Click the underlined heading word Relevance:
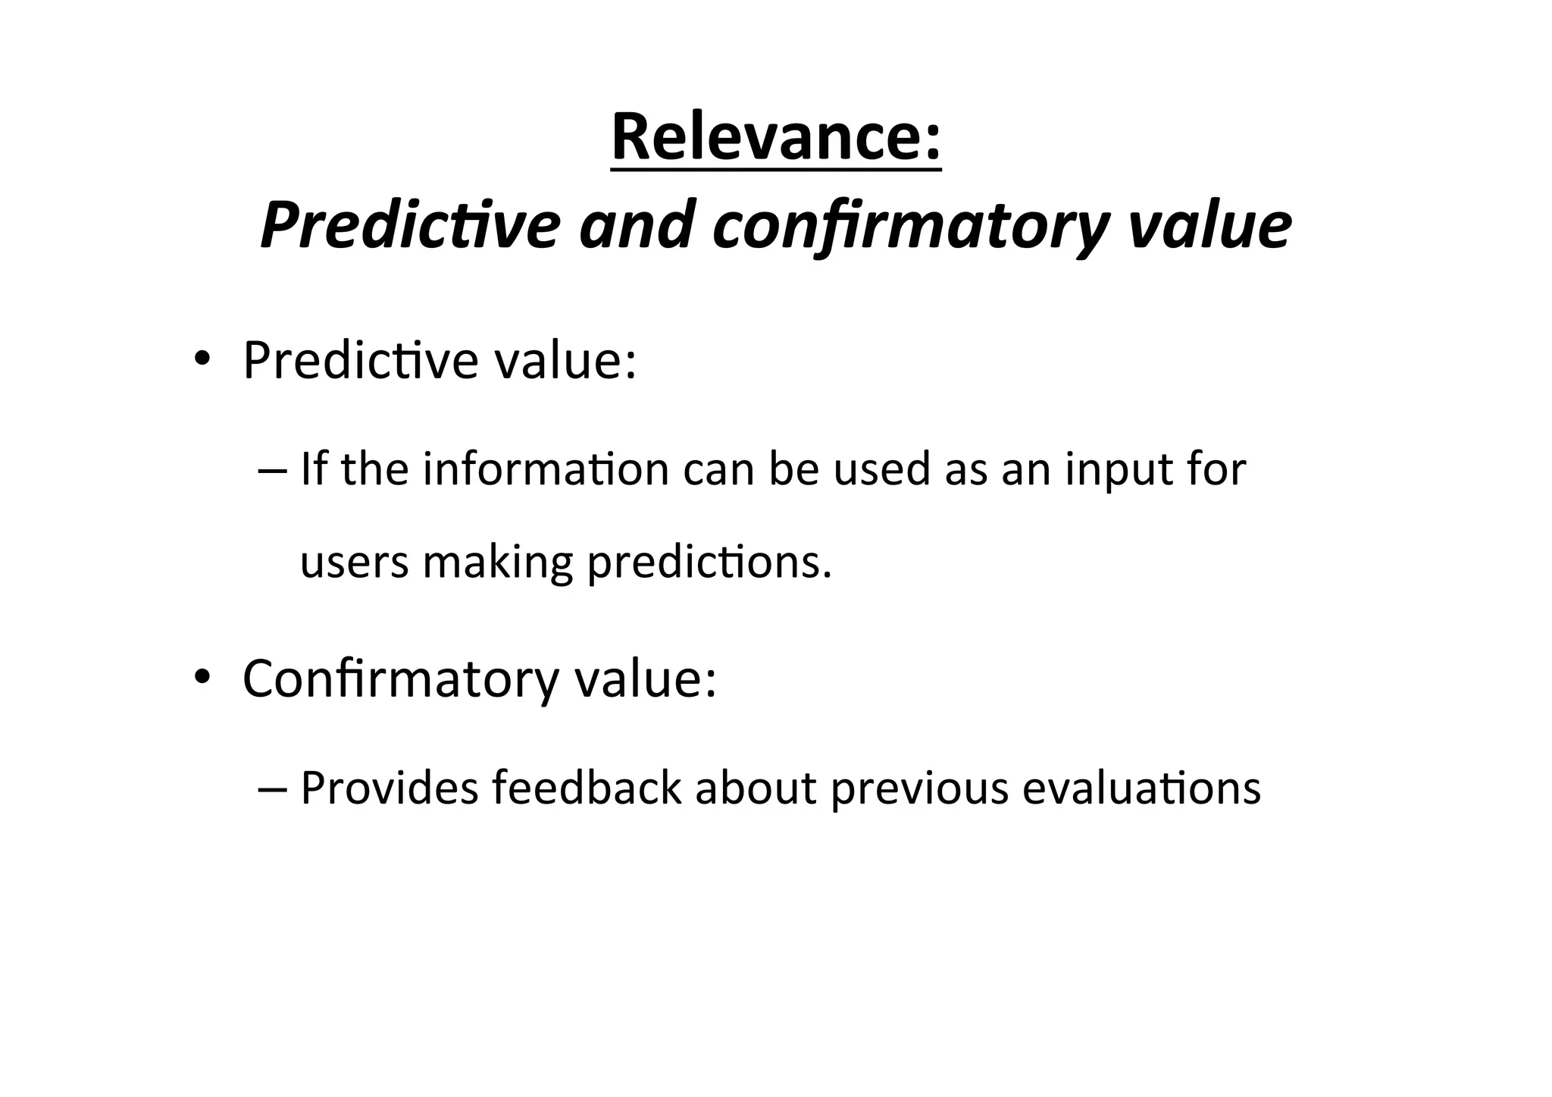coord(776,137)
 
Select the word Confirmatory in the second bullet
coord(401,679)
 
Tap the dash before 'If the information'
coord(273,470)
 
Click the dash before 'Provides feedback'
coord(273,788)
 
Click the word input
coord(1121,470)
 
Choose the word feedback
coord(587,788)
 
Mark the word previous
coord(919,789)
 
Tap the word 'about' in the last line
coord(756,788)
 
